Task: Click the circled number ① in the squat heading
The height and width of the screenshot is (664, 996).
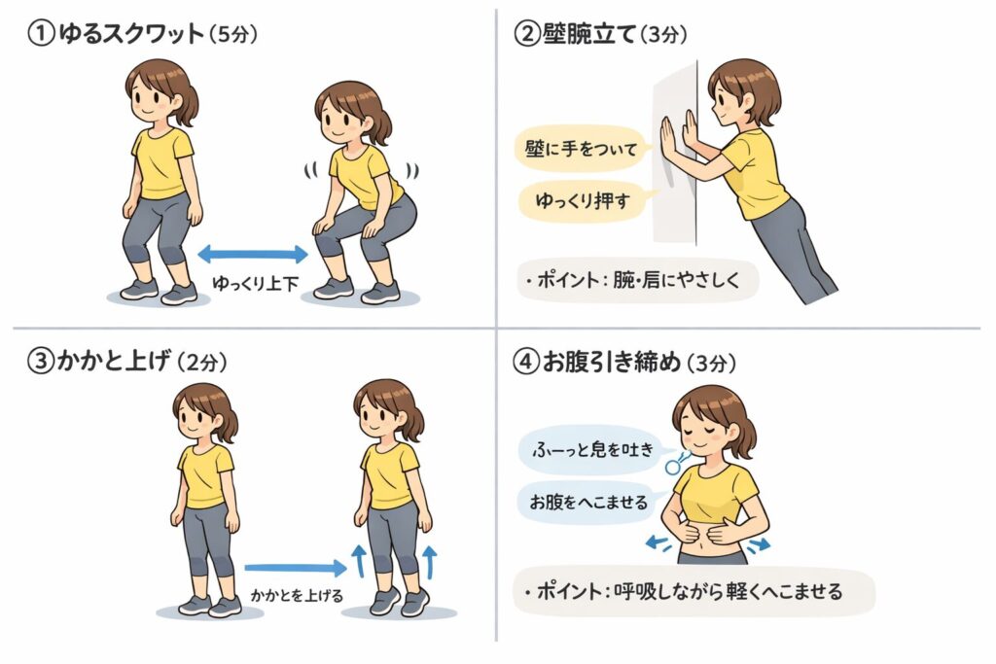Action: tap(41, 34)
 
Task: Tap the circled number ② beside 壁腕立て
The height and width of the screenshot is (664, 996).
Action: tap(526, 34)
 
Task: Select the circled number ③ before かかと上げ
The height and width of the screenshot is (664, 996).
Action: tap(40, 362)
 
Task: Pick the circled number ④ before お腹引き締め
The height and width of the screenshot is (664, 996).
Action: tap(526, 362)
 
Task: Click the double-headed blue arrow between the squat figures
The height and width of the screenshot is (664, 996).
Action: tap(253, 255)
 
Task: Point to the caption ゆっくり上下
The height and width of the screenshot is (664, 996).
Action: tap(256, 283)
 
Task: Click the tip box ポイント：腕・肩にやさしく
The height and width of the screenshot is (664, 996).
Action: tap(638, 280)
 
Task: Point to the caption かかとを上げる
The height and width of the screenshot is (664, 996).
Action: tap(297, 595)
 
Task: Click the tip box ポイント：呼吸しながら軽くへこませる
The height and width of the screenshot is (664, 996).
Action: tap(694, 592)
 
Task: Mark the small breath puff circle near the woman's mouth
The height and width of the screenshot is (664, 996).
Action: tap(673, 468)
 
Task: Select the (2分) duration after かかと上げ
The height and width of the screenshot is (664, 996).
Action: tap(202, 362)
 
